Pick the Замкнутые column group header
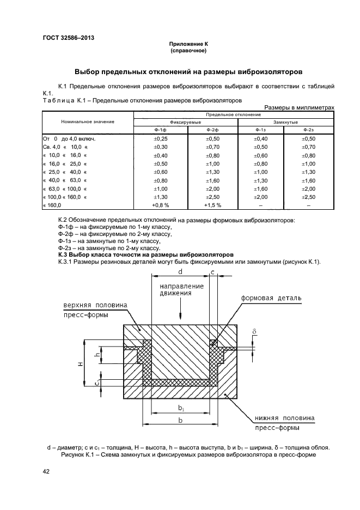pos(285,123)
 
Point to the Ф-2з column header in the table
pos(309,130)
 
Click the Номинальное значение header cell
pos(88,122)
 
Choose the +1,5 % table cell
pos(212,205)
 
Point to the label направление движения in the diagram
pos(181,289)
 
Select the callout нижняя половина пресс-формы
pos(283,423)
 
